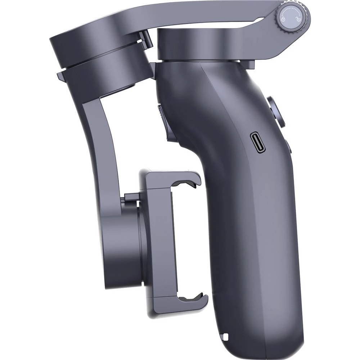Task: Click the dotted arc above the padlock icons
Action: click(292, 13)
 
